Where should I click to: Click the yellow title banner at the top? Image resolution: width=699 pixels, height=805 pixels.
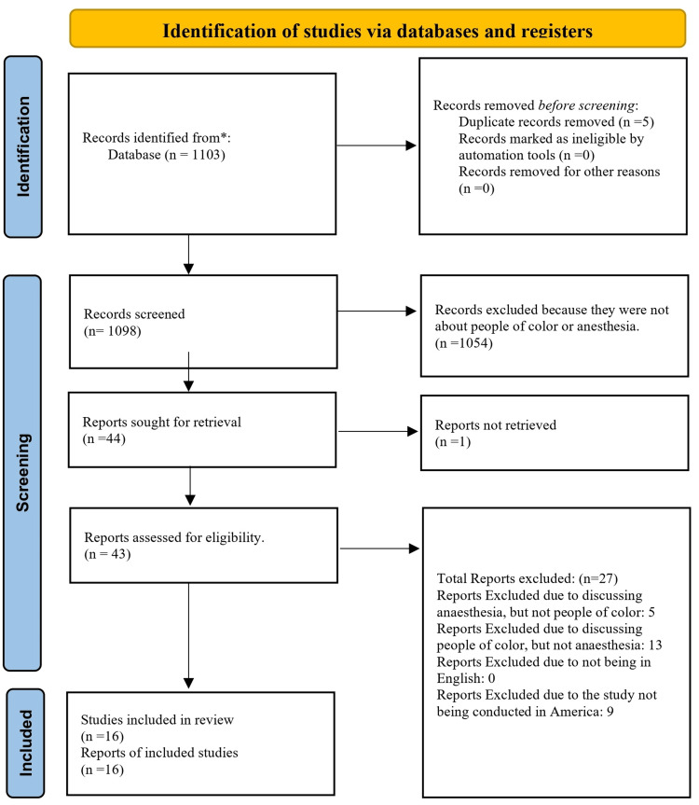[377, 29]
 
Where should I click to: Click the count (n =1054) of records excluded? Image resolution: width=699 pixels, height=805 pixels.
[467, 344]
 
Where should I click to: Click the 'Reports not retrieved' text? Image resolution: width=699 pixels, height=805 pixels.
[495, 424]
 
